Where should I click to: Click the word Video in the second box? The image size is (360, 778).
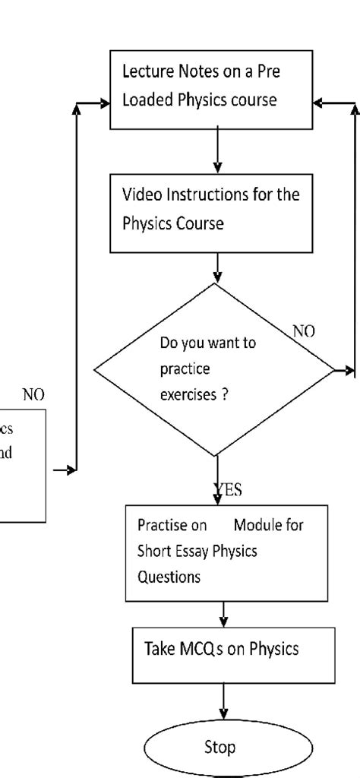[140, 194]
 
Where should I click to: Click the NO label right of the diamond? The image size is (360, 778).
[305, 331]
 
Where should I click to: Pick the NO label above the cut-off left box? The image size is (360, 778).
[33, 395]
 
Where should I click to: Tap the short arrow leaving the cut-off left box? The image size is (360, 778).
[65, 470]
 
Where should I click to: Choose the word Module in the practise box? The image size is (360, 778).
[257, 525]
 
